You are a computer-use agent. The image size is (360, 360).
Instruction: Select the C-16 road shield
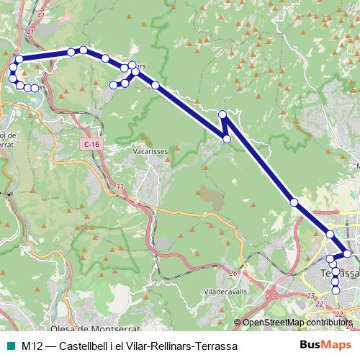[91, 145]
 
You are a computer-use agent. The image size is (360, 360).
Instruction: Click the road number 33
[120, 187]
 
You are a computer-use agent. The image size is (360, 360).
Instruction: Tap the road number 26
[233, 274]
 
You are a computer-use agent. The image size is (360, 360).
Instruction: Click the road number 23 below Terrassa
[310, 295]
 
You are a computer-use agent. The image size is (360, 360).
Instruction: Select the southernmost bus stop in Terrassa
[336, 290]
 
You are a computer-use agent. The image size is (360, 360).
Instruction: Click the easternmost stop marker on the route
[348, 253]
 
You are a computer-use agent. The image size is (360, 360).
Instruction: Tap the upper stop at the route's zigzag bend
[222, 114]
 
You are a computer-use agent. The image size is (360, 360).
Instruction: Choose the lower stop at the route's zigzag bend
[228, 139]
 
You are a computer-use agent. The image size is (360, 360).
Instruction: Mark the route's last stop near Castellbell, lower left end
[35, 89]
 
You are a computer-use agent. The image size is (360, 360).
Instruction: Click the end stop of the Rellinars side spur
[113, 85]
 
